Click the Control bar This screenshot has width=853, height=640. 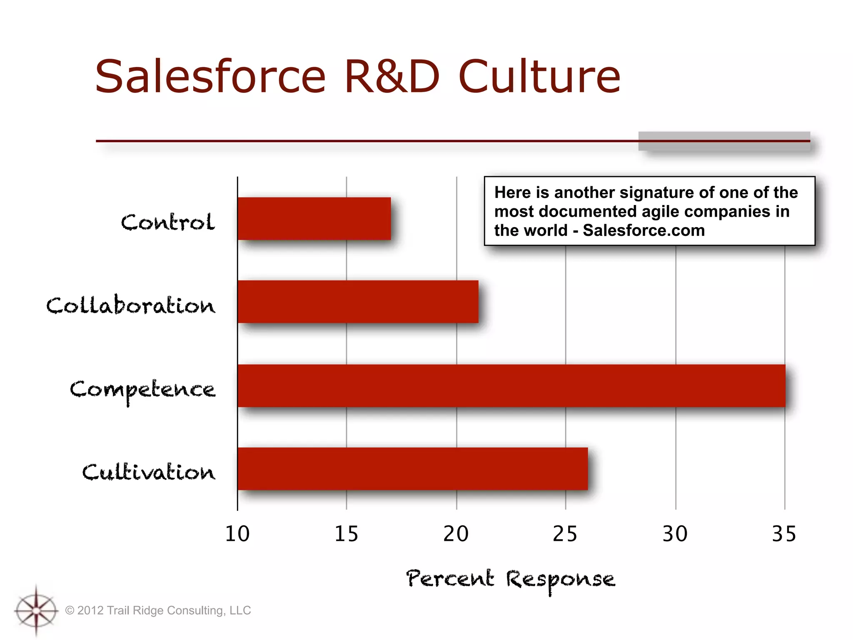[314, 219]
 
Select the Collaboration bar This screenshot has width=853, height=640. [358, 302]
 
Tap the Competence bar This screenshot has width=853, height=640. [511, 385]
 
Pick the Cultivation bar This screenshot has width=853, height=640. [412, 469]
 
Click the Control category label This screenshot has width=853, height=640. [168, 222]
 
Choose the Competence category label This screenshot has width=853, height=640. [142, 390]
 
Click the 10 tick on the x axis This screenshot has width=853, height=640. [237, 534]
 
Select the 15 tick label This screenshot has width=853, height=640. [346, 534]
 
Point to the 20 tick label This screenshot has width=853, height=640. [456, 534]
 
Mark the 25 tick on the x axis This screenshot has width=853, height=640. [565, 534]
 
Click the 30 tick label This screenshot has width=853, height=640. [675, 534]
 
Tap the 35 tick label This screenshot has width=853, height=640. [784, 534]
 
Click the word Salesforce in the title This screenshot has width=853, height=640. [210, 77]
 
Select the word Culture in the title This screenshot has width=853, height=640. [539, 77]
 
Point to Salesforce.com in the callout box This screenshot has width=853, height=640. [643, 230]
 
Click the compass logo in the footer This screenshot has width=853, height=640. [36, 611]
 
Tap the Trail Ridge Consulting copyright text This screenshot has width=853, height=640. [158, 610]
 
